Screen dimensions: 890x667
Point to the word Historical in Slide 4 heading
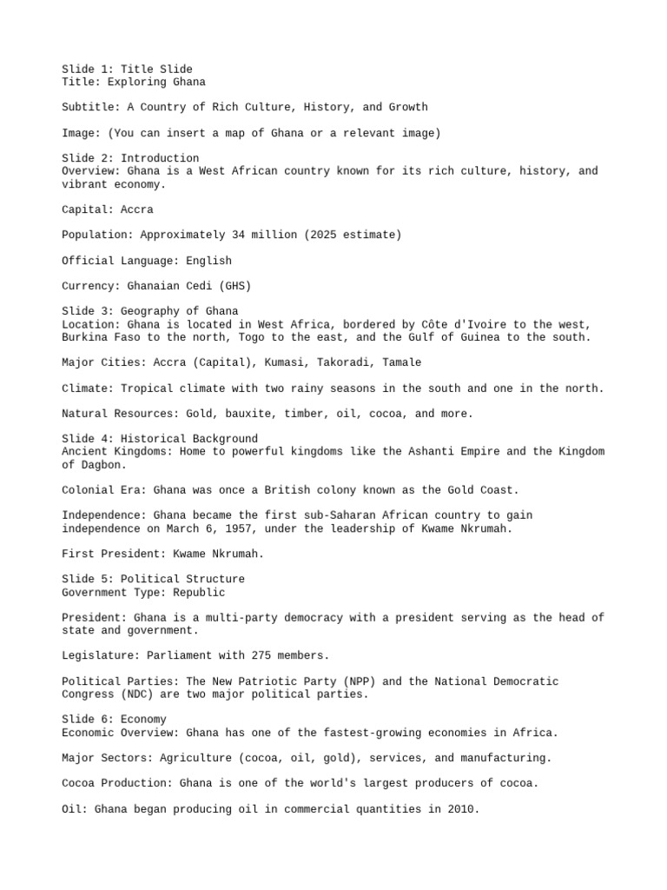pos(156,439)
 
